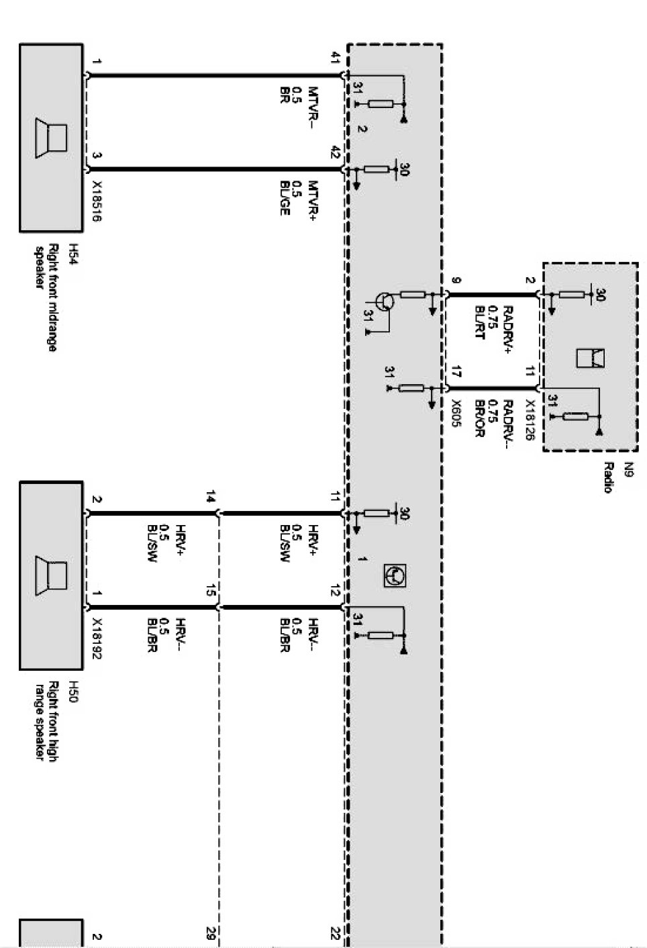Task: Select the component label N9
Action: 628,467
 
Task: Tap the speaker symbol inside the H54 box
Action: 52,138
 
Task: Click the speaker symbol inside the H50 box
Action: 52,574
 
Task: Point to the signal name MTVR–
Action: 313,107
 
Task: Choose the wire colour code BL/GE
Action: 285,199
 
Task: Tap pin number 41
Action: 336,58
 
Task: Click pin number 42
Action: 336,152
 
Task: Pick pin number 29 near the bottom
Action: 210,933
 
